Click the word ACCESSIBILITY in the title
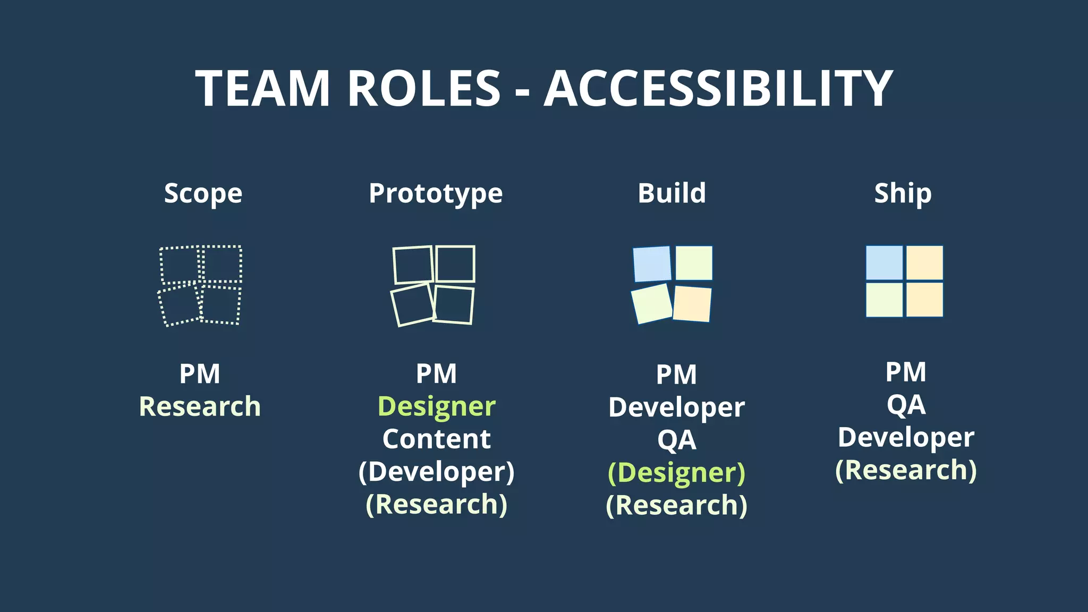[x=718, y=88]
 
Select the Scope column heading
[x=203, y=193]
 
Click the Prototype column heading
[x=436, y=193]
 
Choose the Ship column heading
[x=903, y=193]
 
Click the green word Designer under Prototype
[x=436, y=406]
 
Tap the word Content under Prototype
[x=436, y=439]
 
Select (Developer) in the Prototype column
[x=436, y=472]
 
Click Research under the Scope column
[x=200, y=406]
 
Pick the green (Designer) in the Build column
[x=676, y=472]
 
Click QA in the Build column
[x=676, y=440]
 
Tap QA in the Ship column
[x=906, y=405]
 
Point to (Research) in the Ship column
[x=906, y=470]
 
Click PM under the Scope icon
[x=200, y=373]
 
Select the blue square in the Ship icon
[x=884, y=262]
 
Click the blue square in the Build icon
[x=652, y=263]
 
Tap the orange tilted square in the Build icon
[x=692, y=304]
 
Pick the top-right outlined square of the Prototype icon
[x=455, y=263]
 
